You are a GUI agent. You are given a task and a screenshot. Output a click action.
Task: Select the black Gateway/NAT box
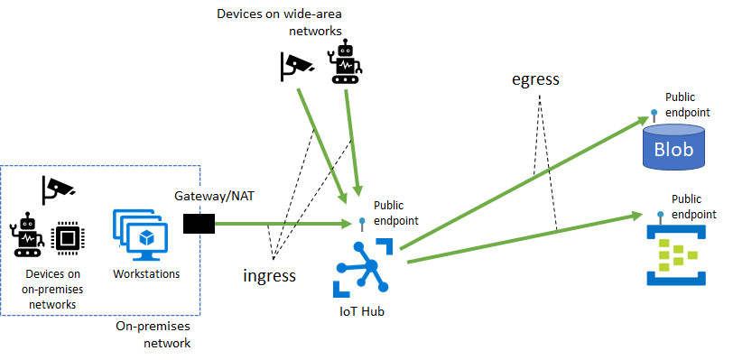click(199, 224)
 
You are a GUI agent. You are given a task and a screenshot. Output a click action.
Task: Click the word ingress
click(270, 275)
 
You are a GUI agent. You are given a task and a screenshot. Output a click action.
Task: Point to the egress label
click(534, 79)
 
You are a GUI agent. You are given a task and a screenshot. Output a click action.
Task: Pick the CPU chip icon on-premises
click(66, 237)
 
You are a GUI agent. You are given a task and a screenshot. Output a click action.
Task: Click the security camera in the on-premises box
click(58, 188)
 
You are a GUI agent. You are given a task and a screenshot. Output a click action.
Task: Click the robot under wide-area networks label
click(347, 63)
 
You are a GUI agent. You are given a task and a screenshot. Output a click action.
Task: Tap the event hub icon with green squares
click(674, 256)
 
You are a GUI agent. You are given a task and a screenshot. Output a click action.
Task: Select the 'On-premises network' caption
click(153, 336)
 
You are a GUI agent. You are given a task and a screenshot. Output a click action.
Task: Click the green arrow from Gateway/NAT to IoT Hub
click(280, 224)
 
